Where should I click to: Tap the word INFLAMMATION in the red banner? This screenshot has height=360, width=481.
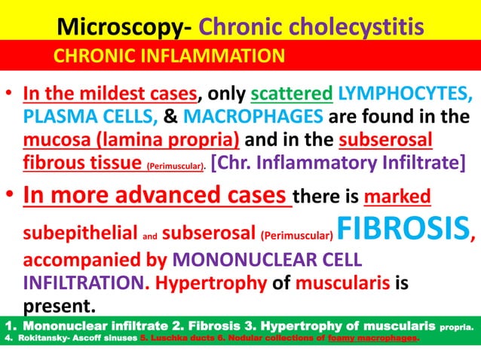219,56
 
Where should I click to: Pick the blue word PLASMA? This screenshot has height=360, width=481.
54,118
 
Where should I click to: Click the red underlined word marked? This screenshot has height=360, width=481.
397,198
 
